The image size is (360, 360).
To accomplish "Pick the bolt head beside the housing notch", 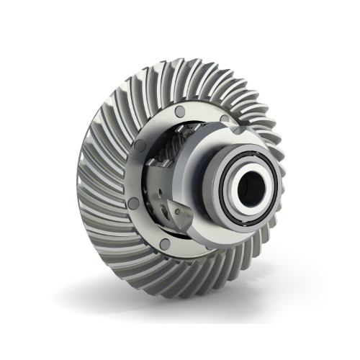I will click(224, 119).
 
